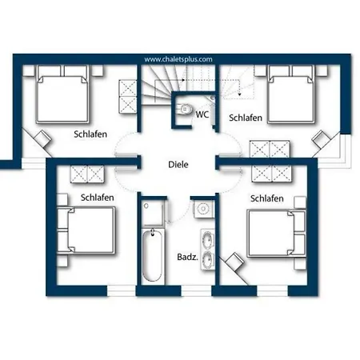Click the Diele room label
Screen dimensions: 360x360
[178, 164]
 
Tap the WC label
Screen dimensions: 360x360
[202, 114]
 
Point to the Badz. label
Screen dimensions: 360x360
[187, 257]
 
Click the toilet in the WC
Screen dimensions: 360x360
[186, 109]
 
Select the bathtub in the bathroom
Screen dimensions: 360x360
[152, 255]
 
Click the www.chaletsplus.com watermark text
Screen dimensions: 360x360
[178, 59]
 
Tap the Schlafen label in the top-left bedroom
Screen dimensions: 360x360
[90, 134]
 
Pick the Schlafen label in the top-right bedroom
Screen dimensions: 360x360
[246, 118]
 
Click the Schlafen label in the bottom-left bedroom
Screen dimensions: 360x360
[98, 198]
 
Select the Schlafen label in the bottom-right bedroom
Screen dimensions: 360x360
[267, 198]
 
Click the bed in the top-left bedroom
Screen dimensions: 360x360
[62, 94]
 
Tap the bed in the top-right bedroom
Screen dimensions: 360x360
[290, 94]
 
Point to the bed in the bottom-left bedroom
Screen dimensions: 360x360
[86, 230]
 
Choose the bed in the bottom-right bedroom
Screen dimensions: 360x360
[276, 234]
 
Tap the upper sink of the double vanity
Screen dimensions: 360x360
[207, 238]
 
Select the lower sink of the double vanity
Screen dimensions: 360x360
[207, 259]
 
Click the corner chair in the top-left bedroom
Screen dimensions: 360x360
[42, 138]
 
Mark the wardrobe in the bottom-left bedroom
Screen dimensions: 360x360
[87, 174]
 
